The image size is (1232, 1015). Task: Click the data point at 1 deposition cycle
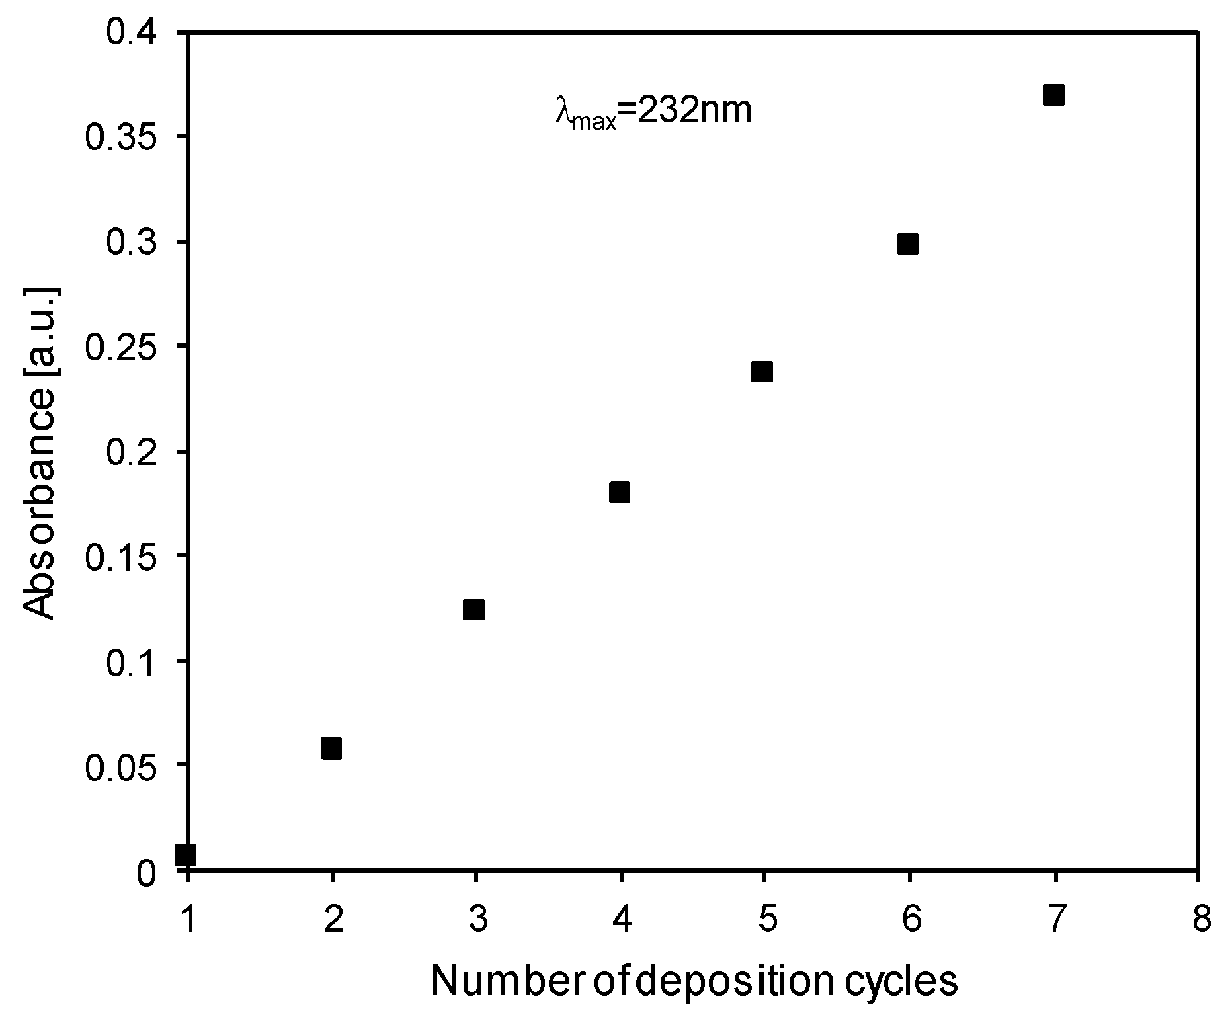point(186,854)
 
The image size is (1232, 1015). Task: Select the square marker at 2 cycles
point(331,748)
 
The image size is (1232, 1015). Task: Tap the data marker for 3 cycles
point(474,610)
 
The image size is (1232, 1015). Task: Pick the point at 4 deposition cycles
point(620,492)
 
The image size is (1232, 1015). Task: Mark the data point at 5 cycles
point(762,371)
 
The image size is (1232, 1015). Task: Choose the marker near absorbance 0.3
point(908,244)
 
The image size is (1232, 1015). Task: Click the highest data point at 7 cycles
point(1054,95)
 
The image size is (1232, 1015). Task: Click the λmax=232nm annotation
point(653,111)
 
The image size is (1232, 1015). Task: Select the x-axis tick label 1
point(188,920)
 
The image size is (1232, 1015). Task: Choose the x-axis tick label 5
point(766,920)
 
